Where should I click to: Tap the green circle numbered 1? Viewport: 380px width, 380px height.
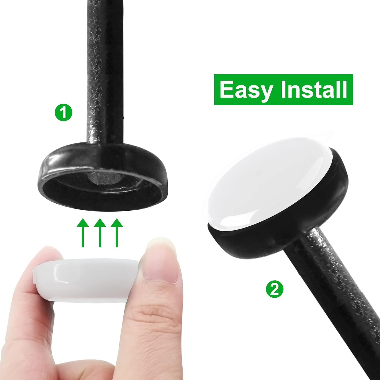coord(63,113)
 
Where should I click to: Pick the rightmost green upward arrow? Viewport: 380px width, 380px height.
coord(117,233)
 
